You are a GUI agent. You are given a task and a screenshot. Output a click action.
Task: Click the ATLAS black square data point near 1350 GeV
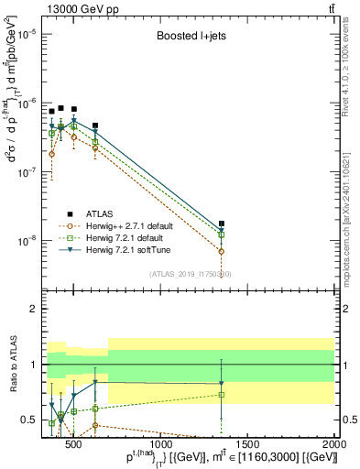click(222, 224)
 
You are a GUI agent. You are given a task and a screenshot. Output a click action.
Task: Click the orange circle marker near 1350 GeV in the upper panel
click(222, 251)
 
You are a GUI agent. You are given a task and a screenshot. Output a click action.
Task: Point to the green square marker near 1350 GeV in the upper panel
click(222, 234)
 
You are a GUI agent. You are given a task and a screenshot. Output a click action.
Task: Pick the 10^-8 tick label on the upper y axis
click(26, 241)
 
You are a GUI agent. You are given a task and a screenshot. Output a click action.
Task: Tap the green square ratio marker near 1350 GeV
click(222, 395)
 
